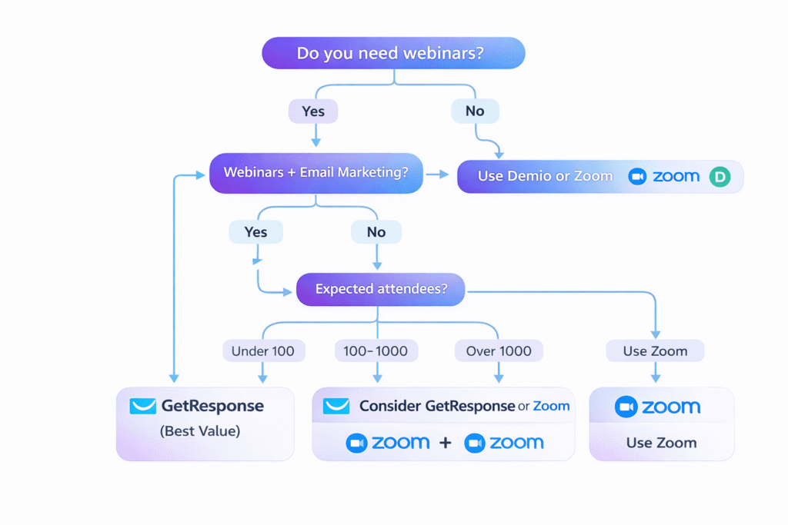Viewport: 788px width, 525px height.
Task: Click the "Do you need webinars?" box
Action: click(393, 54)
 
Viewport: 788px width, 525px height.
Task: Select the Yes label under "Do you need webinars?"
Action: click(313, 111)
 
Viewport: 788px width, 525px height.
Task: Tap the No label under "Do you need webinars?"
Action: click(475, 111)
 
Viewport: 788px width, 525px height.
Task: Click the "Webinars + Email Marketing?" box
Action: click(316, 173)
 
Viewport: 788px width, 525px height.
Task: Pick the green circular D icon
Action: click(720, 177)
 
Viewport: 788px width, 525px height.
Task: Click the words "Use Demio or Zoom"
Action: click(545, 176)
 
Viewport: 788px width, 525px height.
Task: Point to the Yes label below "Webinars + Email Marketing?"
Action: click(255, 232)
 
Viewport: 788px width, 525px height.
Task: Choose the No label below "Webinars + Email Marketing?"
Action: click(376, 232)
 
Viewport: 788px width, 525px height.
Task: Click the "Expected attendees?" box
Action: click(380, 290)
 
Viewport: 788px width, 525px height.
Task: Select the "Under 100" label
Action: click(263, 351)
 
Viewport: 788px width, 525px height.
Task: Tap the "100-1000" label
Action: click(376, 351)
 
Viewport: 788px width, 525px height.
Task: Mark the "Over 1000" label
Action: click(499, 351)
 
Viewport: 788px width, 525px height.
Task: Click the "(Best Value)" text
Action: click(200, 431)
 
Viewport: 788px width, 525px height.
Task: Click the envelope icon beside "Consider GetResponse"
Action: click(336, 406)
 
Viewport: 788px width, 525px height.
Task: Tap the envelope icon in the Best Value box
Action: click(142, 406)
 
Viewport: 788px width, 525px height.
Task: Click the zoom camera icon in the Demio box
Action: click(637, 177)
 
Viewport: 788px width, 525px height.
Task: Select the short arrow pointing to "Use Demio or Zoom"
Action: click(438, 175)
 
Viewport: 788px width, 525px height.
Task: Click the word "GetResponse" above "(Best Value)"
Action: click(212, 406)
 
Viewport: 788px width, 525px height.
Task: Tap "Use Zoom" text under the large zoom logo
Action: click(661, 443)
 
